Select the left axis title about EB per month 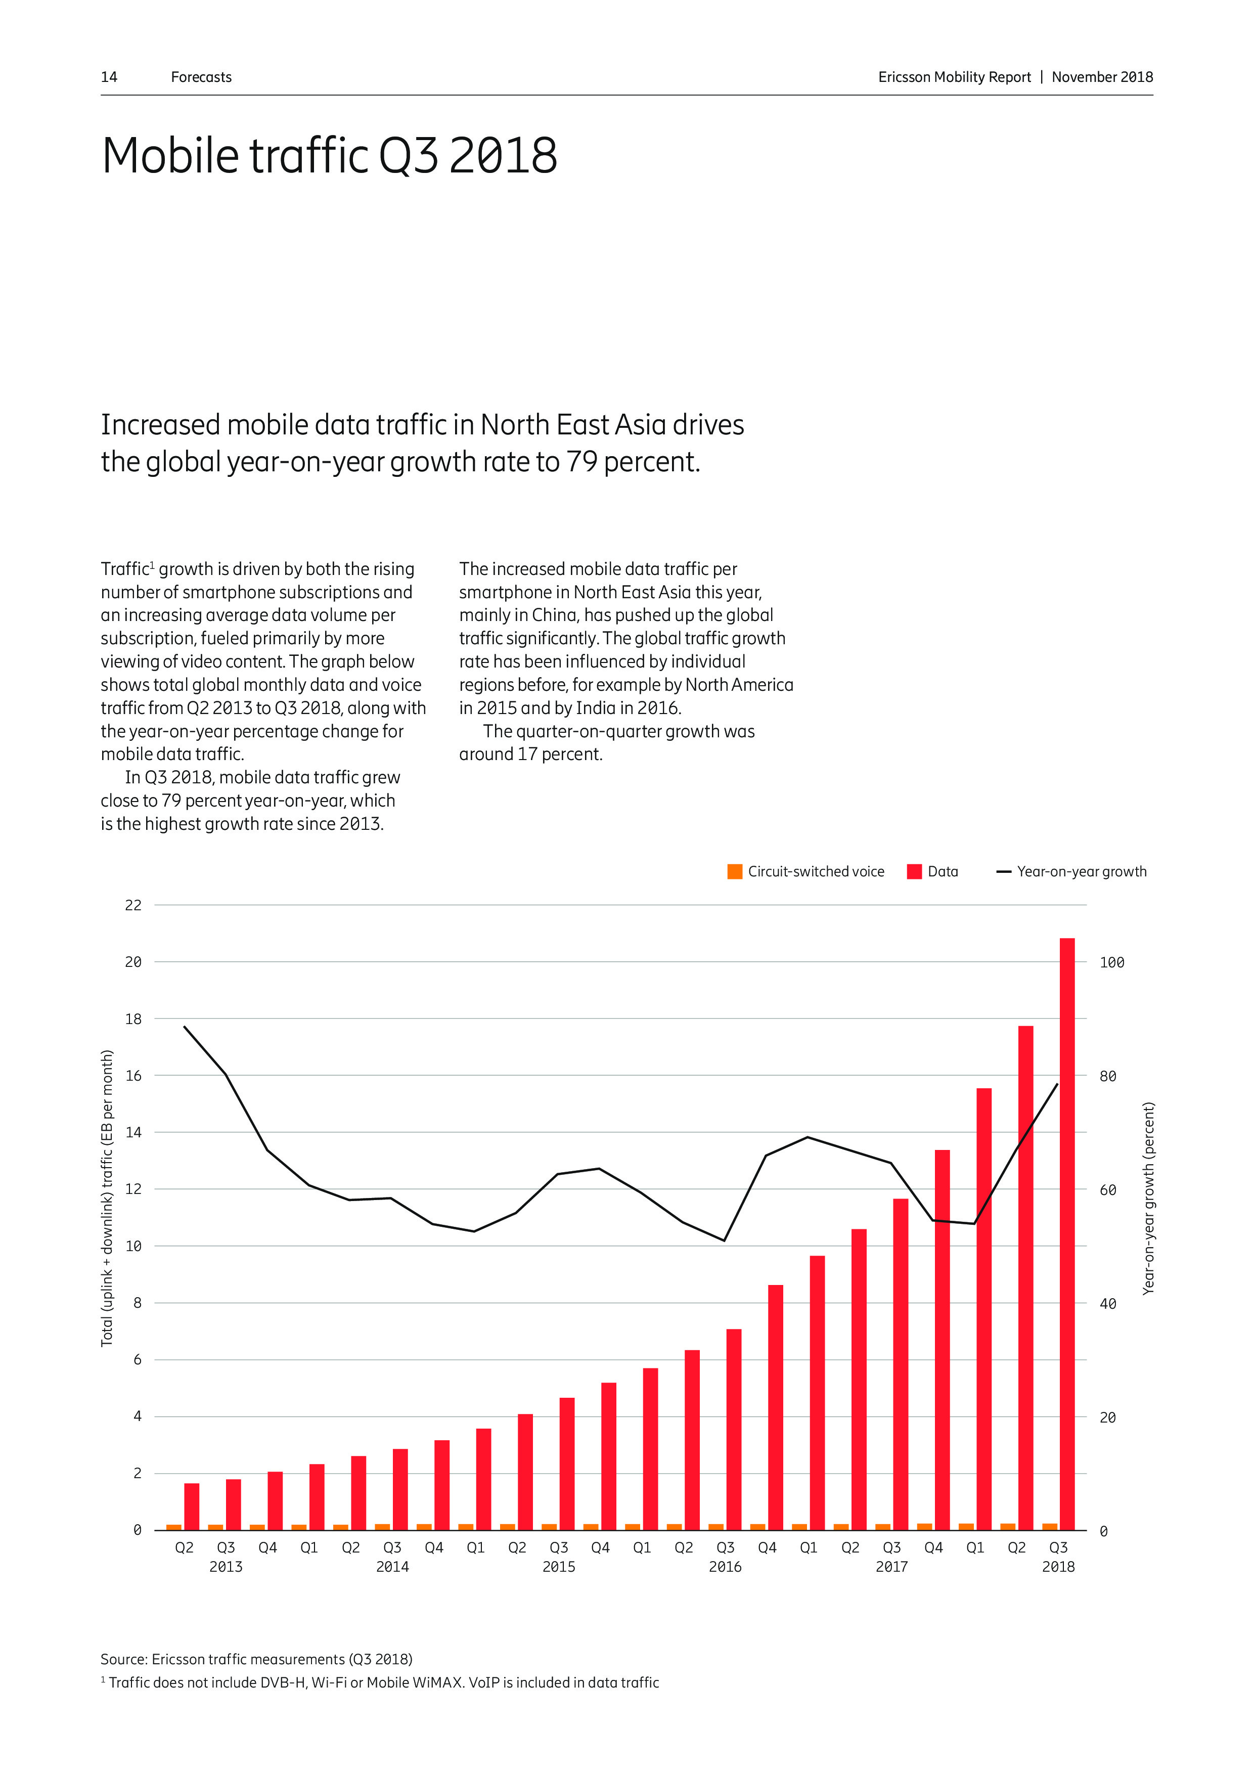pos(107,1199)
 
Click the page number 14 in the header pos(109,77)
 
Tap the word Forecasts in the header pos(201,77)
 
